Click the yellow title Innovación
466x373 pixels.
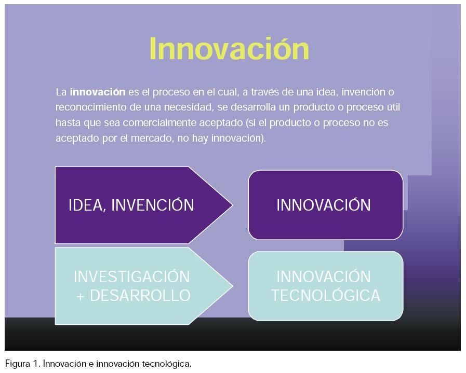pos(229,48)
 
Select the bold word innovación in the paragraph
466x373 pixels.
pos(98,92)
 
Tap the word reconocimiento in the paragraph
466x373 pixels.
pos(91,107)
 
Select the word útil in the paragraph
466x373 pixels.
pos(393,107)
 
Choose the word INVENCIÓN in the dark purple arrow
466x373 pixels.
pos(152,205)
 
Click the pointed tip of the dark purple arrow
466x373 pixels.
pos(232,205)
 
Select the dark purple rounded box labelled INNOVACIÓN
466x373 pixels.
pos(326,205)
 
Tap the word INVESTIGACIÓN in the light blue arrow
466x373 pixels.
pos(131,277)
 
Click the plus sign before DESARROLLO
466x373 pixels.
pos(80,296)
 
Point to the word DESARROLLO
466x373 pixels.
pos(140,296)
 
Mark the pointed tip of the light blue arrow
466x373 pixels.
pos(232,286)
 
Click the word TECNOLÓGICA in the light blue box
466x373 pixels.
pos(326,295)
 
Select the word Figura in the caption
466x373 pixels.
pos(18,364)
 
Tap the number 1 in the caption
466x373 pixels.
pos(36,364)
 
